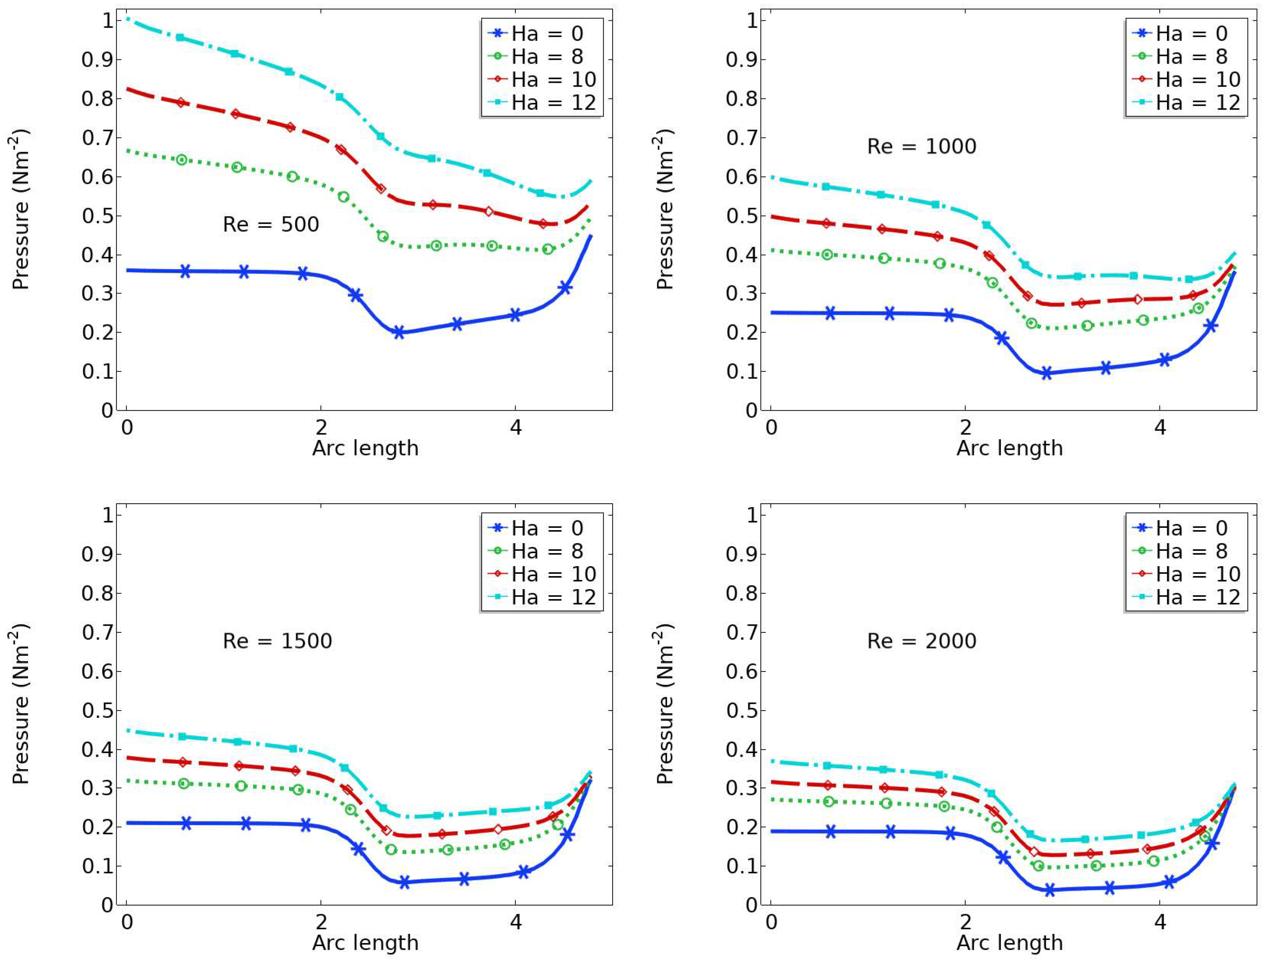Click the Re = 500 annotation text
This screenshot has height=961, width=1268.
(271, 224)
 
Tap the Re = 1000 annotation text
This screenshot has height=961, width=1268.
(921, 146)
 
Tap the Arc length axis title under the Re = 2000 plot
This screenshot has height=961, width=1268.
(1010, 942)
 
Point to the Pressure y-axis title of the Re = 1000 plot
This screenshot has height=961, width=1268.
(665, 210)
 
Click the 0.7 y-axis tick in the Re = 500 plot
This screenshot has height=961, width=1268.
(98, 138)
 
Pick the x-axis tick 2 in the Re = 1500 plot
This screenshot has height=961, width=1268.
(321, 922)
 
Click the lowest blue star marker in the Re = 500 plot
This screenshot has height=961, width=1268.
(399, 332)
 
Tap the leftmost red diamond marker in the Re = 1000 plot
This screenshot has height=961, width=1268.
(827, 223)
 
